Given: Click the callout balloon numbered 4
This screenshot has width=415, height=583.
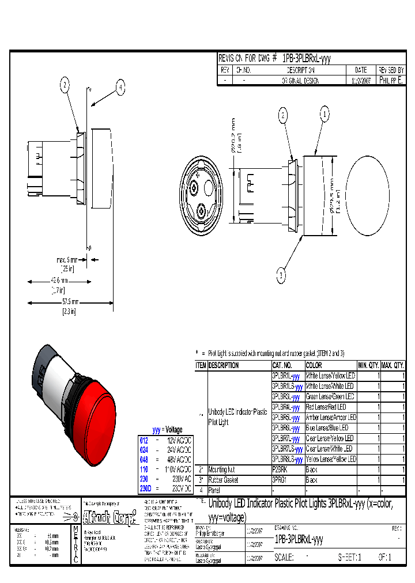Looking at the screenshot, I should pos(120,88).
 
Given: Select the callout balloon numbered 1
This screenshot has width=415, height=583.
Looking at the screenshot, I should pos(325,115).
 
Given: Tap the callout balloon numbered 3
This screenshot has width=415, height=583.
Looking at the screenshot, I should pos(281,276).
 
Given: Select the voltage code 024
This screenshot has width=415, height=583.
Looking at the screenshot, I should pos(144,449).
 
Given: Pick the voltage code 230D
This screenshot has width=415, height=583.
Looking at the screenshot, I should pos(145,488).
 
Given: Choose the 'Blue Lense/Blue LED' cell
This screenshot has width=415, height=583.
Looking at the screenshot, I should pos(327,428).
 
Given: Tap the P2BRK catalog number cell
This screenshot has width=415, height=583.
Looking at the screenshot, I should pos(280,470).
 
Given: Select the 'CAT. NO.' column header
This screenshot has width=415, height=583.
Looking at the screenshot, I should pos(282,365).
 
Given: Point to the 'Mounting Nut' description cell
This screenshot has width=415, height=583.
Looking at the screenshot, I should pos(222,470).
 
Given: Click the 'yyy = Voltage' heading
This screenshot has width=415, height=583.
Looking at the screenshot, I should pos(167,430).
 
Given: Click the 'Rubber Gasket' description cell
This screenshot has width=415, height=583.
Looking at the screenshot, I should pos(223,480).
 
